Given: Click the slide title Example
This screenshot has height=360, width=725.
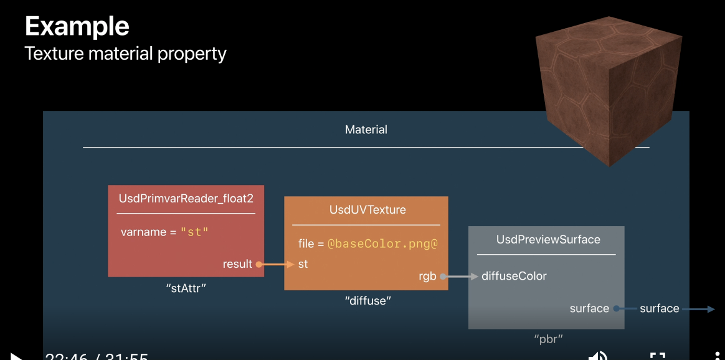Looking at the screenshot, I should point(77,26).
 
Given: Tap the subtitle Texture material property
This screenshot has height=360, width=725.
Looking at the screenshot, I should point(125,54).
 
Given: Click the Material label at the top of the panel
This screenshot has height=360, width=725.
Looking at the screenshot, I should point(366,130).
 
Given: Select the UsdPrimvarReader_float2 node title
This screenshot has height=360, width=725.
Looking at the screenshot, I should point(186,199).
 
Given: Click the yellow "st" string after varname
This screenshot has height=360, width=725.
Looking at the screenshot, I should point(194,232).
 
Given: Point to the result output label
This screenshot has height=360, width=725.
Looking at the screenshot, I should point(237,264).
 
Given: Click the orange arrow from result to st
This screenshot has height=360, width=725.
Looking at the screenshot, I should point(277,264).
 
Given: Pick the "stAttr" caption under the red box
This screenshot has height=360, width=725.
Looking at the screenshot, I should point(186,288).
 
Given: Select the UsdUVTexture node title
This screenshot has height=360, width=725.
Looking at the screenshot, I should point(367,210).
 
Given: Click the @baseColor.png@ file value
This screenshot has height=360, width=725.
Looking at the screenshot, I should point(382,244).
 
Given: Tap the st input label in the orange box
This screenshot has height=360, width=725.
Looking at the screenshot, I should point(303,264).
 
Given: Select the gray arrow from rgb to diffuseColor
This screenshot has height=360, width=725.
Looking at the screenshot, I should point(460,276).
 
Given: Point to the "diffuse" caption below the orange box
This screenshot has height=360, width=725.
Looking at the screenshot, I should point(367,301).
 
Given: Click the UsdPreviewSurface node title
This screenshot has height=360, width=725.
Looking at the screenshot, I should point(548,239).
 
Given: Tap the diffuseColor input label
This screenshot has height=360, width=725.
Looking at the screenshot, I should point(514,276).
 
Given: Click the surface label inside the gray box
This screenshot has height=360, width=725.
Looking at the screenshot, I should point(589,308).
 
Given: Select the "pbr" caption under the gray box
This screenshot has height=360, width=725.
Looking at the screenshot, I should point(549,339).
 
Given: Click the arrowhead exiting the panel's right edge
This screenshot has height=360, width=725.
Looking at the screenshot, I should point(711,308).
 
